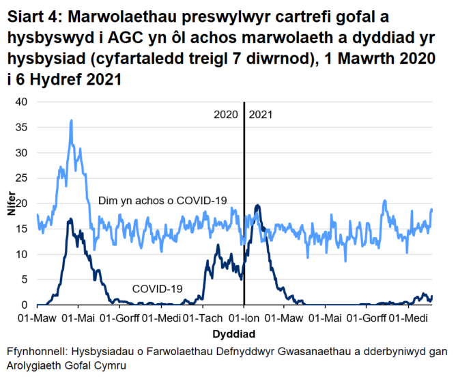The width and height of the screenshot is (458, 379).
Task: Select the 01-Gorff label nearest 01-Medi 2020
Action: (x=120, y=318)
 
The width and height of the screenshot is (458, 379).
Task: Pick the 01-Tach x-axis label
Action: (x=203, y=318)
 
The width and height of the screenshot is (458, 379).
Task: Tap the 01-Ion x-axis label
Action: (x=244, y=318)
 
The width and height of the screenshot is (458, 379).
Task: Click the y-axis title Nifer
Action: (x=10, y=203)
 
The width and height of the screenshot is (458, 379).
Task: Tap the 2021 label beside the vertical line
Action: (x=261, y=115)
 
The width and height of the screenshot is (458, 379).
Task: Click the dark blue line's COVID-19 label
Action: (x=157, y=289)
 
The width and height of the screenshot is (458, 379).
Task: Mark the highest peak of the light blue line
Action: (x=71, y=120)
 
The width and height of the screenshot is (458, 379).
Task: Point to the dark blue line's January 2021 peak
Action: (x=257, y=205)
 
